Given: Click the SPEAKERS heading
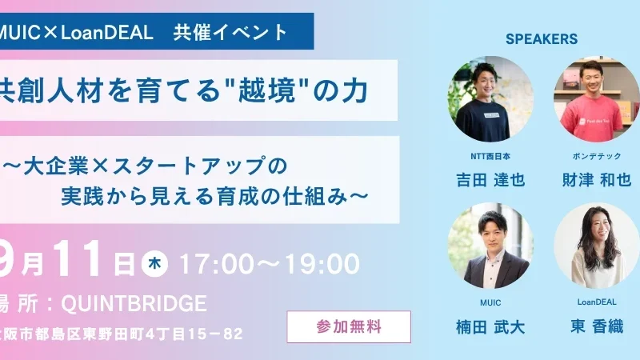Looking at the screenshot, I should coord(542,38).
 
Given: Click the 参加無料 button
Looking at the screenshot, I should coord(349,326).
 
